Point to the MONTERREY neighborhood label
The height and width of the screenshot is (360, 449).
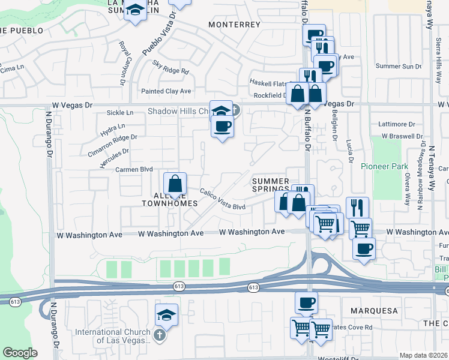click(x=234, y=25)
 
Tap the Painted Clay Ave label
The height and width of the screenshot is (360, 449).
click(x=166, y=91)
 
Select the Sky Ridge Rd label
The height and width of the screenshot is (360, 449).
click(x=170, y=67)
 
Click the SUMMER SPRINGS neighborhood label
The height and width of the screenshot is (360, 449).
click(x=270, y=185)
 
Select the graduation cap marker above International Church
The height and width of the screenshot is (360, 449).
click(x=167, y=314)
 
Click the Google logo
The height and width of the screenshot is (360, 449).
click(x=20, y=353)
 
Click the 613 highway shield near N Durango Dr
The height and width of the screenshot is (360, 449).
click(x=15, y=301)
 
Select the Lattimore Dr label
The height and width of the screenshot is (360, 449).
click(x=397, y=124)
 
